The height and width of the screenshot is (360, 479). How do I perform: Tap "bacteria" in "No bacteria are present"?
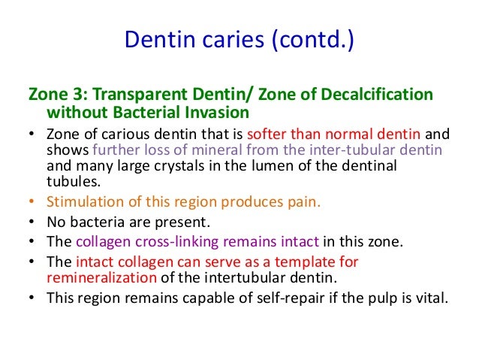tap(91, 222)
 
